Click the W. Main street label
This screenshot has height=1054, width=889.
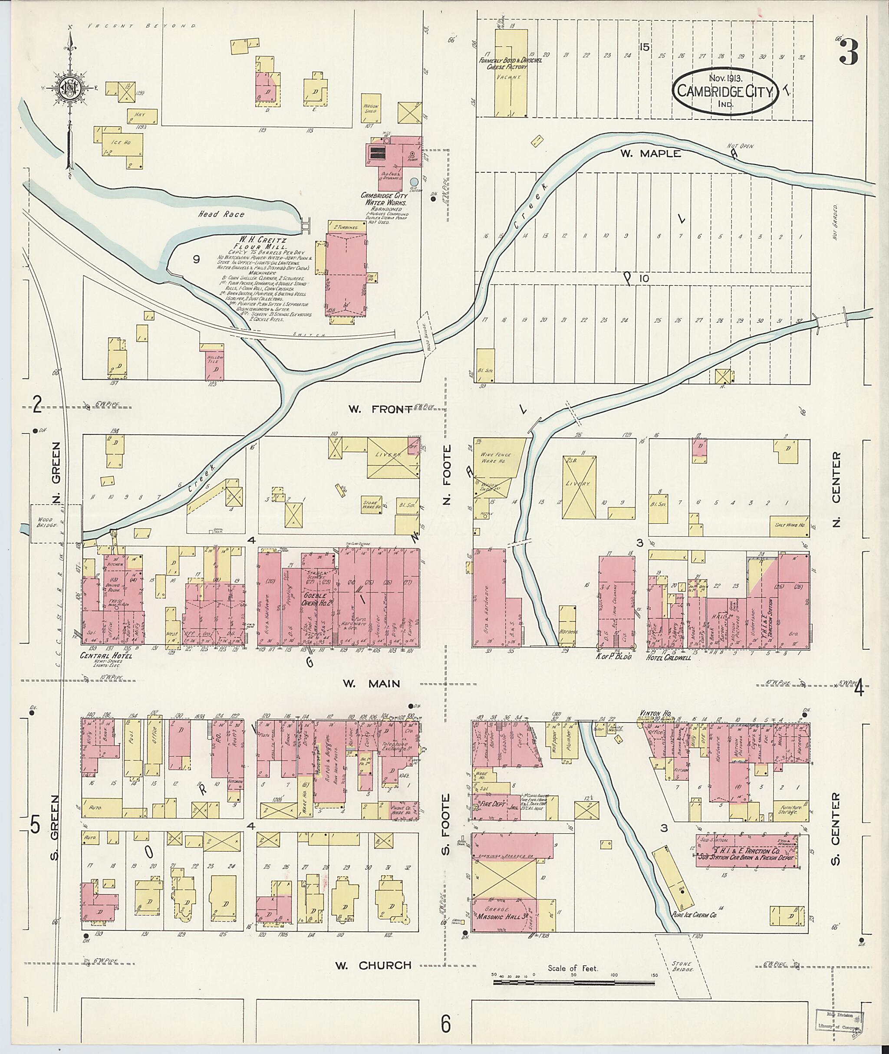click(x=372, y=684)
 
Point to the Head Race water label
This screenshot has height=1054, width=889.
click(x=221, y=214)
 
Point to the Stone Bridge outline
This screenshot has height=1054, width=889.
click(x=683, y=966)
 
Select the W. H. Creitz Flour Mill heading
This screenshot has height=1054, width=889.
click(x=263, y=244)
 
